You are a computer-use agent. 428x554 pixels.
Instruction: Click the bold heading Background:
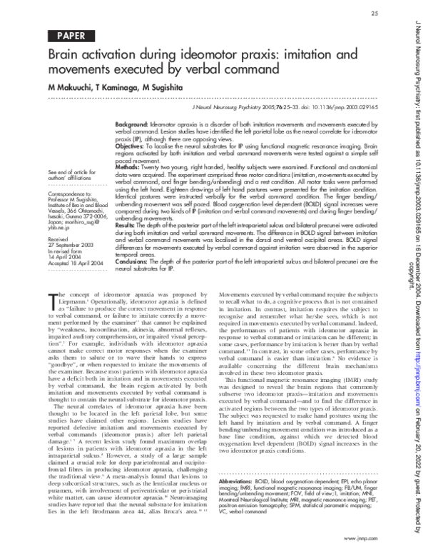(x=132, y=124)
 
